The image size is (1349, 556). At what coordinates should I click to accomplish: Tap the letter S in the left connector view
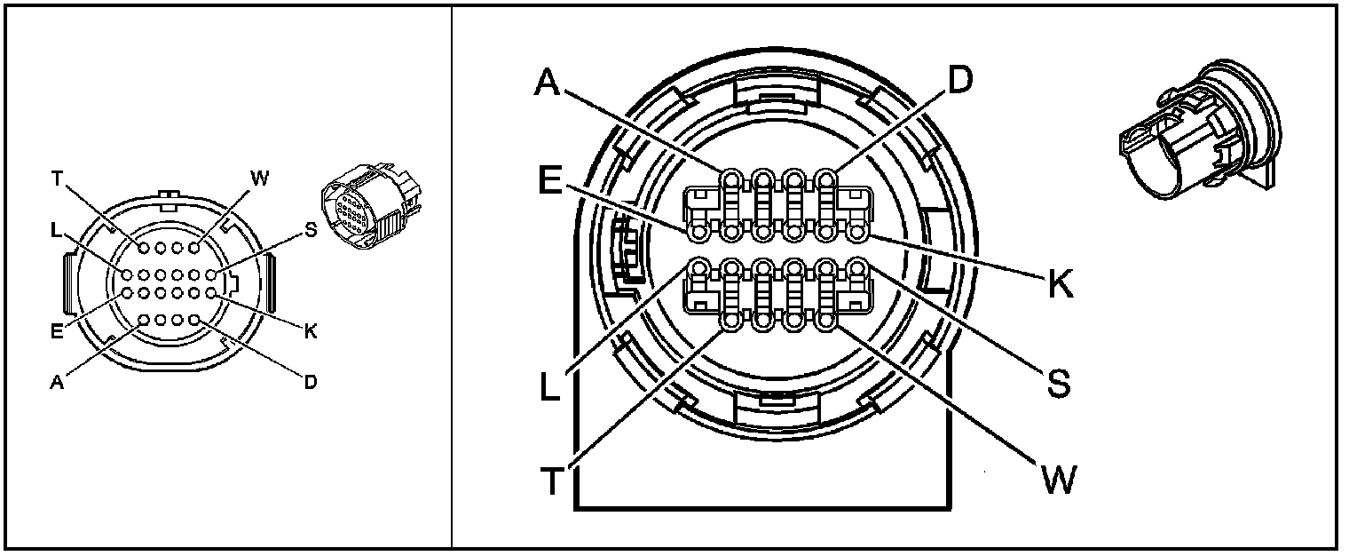[x=310, y=230]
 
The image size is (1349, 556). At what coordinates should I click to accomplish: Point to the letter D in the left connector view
[x=311, y=383]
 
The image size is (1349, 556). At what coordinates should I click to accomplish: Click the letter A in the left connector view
[x=57, y=383]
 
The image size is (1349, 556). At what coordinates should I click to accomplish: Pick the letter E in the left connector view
[x=56, y=332]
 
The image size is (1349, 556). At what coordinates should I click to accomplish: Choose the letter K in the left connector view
[x=311, y=332]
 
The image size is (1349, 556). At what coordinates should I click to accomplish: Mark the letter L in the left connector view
[x=56, y=230]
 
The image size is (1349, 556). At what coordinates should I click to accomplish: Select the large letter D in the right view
[x=959, y=80]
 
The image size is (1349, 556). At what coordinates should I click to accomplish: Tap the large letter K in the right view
[x=1060, y=285]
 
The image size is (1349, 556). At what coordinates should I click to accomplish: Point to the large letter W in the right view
[x=1058, y=480]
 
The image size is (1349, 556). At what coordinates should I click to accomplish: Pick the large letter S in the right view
[x=1058, y=384]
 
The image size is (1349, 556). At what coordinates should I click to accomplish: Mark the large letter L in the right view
[x=550, y=386]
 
